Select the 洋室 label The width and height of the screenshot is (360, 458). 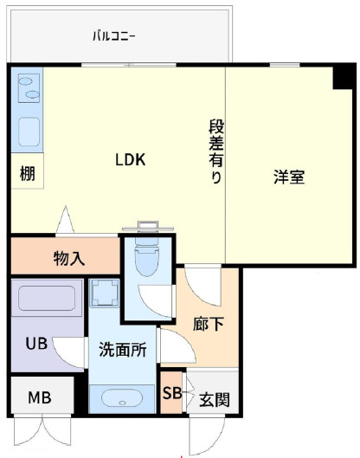click(x=289, y=177)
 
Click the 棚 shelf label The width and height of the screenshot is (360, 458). click(x=28, y=173)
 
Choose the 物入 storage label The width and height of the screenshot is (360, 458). click(x=68, y=257)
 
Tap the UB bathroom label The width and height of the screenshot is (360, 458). click(x=35, y=342)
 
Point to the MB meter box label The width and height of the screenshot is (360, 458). click(x=39, y=398)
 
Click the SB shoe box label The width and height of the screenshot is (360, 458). click(x=172, y=391)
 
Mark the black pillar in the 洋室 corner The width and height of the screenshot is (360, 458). click(x=344, y=76)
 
